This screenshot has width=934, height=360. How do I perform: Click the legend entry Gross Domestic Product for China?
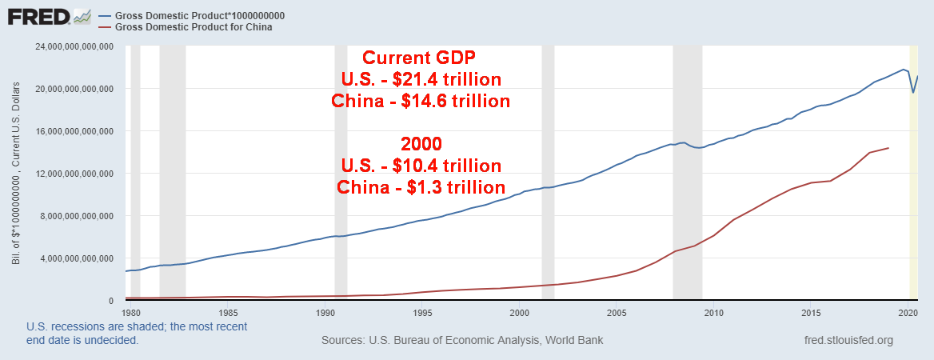(x=194, y=27)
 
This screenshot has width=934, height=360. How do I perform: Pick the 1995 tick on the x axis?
(x=422, y=312)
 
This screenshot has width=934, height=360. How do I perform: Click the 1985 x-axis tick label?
(x=228, y=312)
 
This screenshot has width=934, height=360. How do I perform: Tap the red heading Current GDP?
(x=420, y=58)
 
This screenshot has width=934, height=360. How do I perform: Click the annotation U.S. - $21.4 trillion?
(x=421, y=79)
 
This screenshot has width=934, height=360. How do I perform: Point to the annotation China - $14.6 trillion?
(x=421, y=102)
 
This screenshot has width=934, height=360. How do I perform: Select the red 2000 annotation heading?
(x=421, y=144)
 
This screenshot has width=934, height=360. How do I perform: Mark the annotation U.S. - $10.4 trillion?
(x=421, y=166)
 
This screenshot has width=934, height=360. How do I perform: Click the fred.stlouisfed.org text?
(x=848, y=341)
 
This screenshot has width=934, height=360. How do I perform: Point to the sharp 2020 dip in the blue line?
(x=913, y=92)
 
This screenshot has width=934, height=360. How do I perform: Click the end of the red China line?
(x=888, y=148)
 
